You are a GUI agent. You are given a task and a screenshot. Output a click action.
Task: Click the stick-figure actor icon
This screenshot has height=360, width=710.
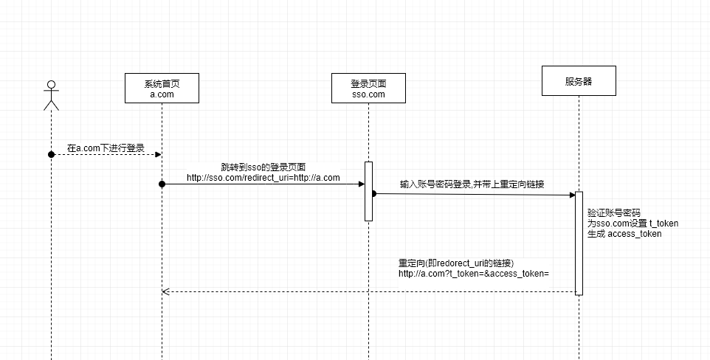[51, 94]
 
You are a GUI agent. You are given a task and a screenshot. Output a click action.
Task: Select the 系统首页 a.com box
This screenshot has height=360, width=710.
[162, 89]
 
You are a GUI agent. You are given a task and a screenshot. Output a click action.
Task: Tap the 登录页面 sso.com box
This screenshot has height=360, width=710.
[368, 89]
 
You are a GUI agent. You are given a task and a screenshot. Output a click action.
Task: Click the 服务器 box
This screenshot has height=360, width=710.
[579, 81]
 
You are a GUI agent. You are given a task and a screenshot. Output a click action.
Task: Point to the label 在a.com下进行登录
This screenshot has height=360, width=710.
[106, 148]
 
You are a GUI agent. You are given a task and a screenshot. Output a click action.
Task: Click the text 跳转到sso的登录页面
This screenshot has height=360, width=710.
[263, 167]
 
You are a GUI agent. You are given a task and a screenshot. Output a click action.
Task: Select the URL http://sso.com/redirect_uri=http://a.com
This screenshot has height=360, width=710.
[263, 178]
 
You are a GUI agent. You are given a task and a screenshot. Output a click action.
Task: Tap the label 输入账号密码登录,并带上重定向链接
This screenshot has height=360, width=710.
[472, 184]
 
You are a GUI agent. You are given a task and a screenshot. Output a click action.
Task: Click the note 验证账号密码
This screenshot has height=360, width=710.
[614, 212]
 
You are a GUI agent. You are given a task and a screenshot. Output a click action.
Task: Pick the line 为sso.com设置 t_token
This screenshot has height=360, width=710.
[633, 223]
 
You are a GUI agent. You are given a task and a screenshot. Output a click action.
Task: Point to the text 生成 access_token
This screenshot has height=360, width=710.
[624, 234]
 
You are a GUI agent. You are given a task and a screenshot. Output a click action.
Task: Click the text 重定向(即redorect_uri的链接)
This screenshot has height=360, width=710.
[456, 263]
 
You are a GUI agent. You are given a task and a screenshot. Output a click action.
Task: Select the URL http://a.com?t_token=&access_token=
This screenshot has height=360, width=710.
[474, 274]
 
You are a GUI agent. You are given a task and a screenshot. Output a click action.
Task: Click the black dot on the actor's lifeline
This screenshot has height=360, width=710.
[52, 154]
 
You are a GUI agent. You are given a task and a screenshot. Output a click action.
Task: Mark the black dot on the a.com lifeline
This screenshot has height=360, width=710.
[162, 183]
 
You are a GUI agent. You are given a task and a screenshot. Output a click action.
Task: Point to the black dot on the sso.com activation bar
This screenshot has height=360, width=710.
[373, 193]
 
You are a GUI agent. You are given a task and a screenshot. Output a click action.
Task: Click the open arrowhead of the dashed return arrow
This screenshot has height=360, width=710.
[166, 291]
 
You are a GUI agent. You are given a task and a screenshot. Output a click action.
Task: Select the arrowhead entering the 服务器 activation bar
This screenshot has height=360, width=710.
[571, 195]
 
